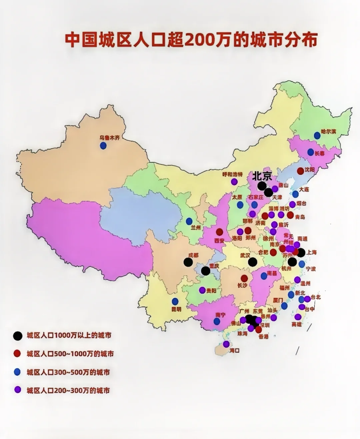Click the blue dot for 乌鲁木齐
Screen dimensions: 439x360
(x=103, y=145)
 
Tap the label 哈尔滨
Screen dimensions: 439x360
(x=329, y=131)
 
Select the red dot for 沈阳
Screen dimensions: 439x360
(x=300, y=171)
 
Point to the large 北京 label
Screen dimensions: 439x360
(x=262, y=176)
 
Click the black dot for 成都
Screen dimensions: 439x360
(x=188, y=262)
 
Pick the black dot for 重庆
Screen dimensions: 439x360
(x=206, y=271)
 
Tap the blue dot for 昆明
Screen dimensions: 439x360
(x=175, y=301)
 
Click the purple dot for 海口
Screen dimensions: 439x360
(x=226, y=344)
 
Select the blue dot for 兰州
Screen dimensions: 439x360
(x=189, y=221)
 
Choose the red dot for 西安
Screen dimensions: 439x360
(x=220, y=232)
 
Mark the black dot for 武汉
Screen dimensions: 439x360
(x=253, y=262)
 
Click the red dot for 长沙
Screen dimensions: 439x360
(x=244, y=278)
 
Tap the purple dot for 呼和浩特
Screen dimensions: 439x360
(x=234, y=181)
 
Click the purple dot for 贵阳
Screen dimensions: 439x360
(x=202, y=290)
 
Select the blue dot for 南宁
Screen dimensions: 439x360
(x=217, y=321)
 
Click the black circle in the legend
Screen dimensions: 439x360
(x=18, y=336)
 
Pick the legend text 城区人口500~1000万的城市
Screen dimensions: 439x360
(x=70, y=354)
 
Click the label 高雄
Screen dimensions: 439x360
(x=296, y=324)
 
